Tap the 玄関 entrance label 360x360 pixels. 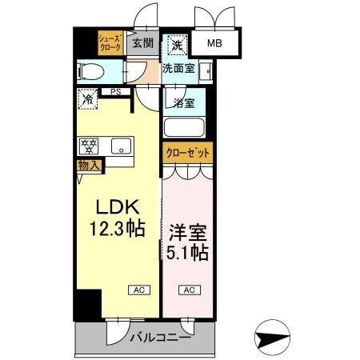click(x=143, y=43)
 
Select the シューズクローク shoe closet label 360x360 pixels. click(x=110, y=42)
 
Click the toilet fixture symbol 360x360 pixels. click(x=90, y=71)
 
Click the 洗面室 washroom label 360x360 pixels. click(x=178, y=69)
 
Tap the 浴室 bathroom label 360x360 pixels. click(x=182, y=102)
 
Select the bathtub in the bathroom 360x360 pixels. click(x=184, y=127)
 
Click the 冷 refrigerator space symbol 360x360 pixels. click(x=89, y=100)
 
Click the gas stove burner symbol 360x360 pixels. click(x=88, y=146)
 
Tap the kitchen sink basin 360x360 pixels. click(x=122, y=146)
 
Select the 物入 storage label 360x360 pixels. click(x=89, y=166)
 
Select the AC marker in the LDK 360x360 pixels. click(x=135, y=290)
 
